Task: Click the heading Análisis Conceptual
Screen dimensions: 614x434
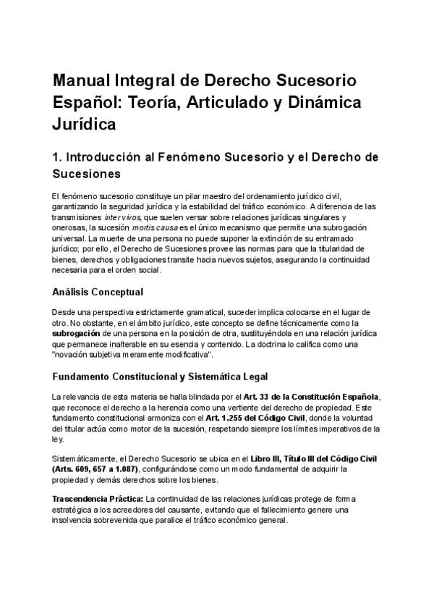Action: (98, 292)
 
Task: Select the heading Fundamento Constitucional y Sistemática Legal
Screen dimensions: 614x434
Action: (160, 377)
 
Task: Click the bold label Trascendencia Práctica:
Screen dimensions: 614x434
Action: (98, 500)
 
